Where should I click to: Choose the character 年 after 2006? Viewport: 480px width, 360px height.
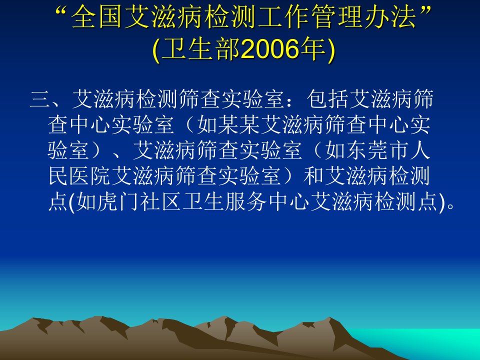click(313, 49)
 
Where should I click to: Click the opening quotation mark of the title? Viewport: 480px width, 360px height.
click(63, 11)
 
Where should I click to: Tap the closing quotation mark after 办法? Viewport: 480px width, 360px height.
click(424, 11)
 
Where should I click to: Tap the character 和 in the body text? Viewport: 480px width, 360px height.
click(313, 176)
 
